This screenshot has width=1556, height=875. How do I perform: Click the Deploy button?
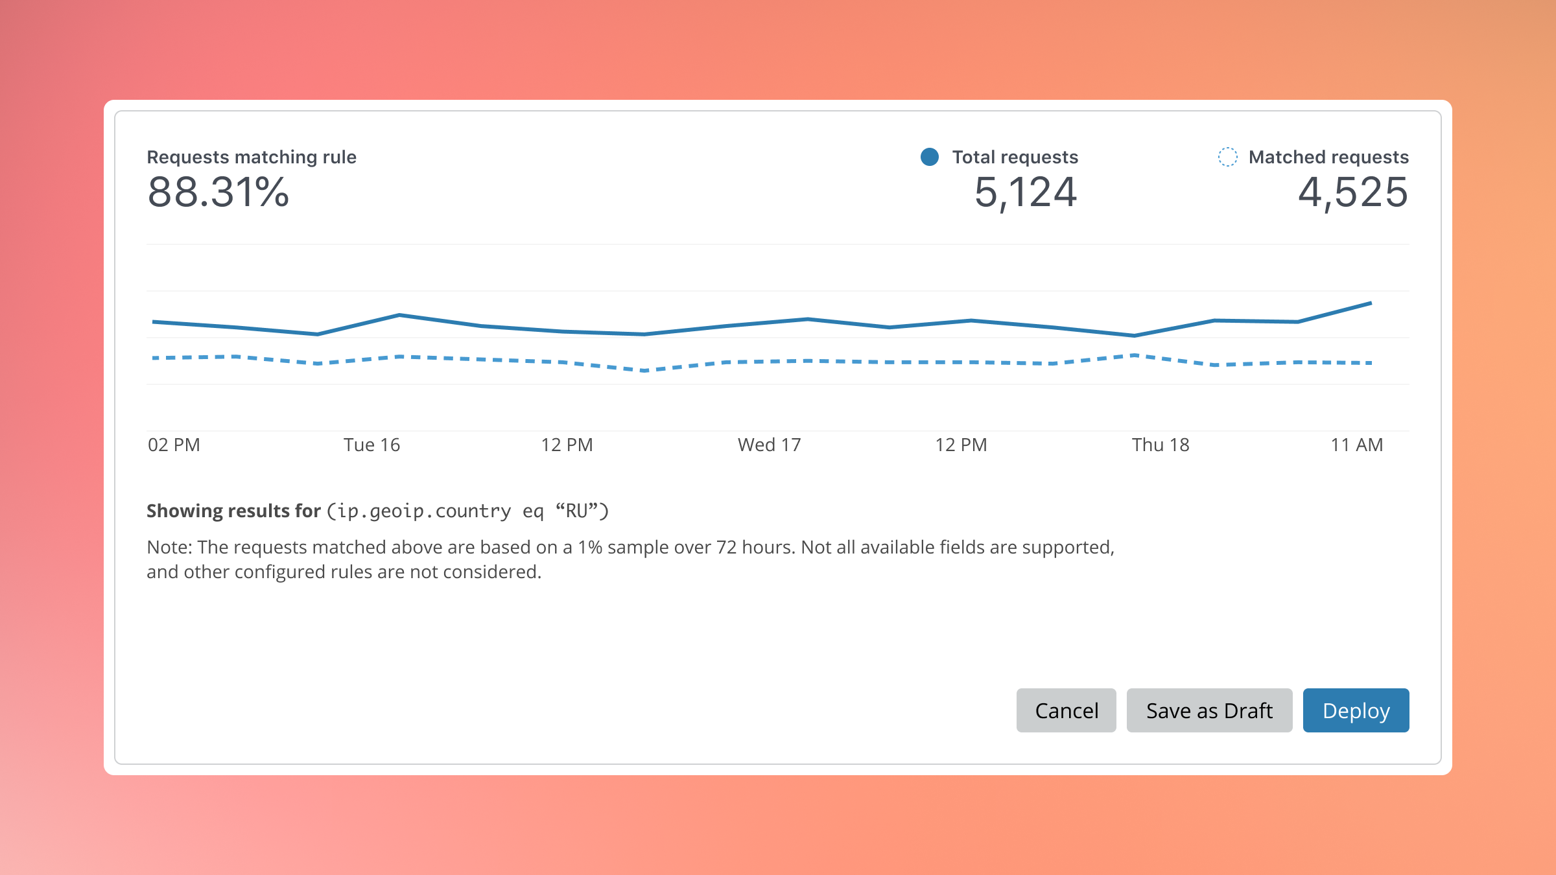[x=1356, y=710]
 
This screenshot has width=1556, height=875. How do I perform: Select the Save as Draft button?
[x=1209, y=710]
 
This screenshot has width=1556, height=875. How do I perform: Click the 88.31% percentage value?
[x=218, y=192]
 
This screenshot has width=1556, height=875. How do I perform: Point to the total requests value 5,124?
[x=1026, y=192]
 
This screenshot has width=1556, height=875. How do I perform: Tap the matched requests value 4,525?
[x=1353, y=192]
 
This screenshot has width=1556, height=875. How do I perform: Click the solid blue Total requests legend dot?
[x=930, y=157]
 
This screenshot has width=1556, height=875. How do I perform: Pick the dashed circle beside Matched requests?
[x=1227, y=157]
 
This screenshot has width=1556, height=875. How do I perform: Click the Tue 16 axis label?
[x=371, y=445]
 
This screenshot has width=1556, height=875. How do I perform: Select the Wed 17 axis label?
[x=770, y=445]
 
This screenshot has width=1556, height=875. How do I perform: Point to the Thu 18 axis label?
[x=1161, y=445]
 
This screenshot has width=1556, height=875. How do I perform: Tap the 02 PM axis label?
[x=174, y=445]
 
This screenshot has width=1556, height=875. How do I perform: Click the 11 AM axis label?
[x=1357, y=445]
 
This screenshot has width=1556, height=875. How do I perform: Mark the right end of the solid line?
[x=1371, y=303]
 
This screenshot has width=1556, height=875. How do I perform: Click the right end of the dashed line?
[x=1371, y=363]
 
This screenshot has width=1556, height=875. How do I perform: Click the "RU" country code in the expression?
[x=576, y=511]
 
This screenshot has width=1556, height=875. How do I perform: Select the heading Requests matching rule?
[x=252, y=157]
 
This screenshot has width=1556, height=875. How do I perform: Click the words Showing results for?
[x=233, y=511]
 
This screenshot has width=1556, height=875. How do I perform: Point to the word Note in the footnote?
[x=169, y=547]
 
